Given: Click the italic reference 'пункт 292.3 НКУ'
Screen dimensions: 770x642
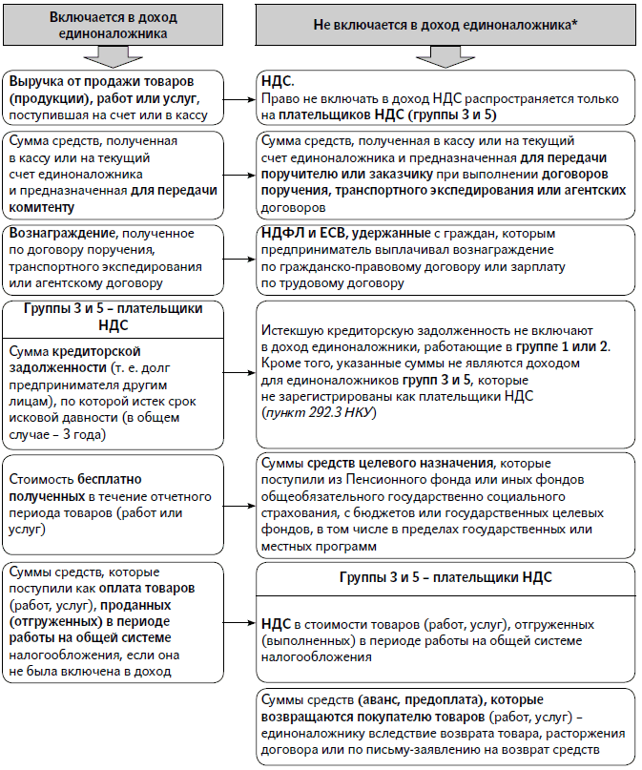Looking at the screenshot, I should point(316,411).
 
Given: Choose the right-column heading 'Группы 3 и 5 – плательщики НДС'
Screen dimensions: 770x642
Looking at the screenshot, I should point(445,579).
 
